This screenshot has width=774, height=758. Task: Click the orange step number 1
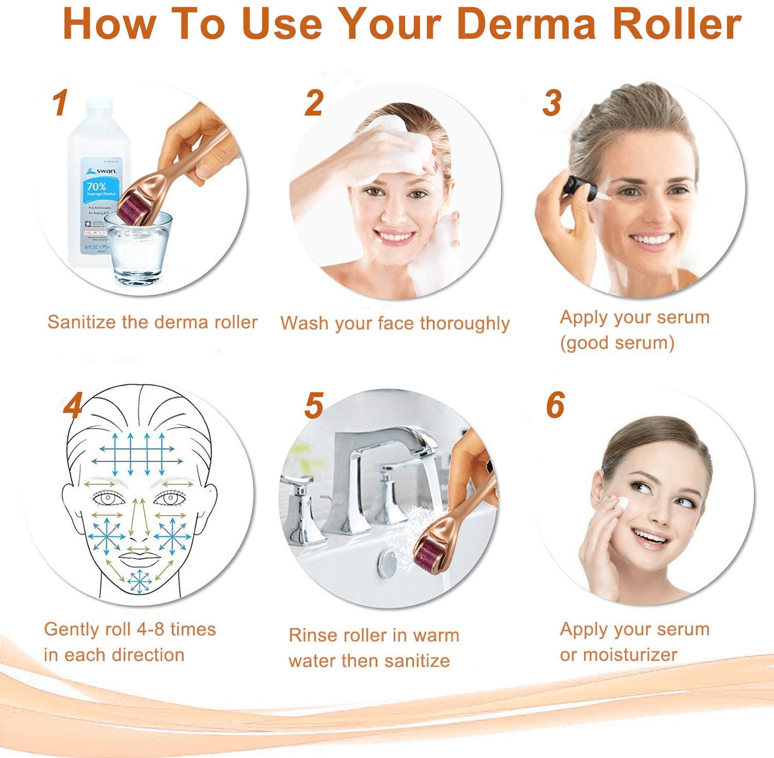click(60, 103)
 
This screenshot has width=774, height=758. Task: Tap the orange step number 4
click(73, 406)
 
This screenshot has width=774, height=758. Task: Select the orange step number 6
click(555, 405)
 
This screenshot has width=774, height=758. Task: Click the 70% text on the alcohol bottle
click(96, 186)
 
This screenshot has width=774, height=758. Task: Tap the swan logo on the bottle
click(103, 170)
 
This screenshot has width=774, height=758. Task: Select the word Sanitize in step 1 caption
click(82, 322)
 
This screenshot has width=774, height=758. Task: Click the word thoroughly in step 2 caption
click(464, 324)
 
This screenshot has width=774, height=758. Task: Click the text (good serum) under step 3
click(617, 343)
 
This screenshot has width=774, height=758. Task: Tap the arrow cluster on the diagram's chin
click(139, 581)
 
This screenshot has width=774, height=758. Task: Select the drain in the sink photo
click(387, 563)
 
